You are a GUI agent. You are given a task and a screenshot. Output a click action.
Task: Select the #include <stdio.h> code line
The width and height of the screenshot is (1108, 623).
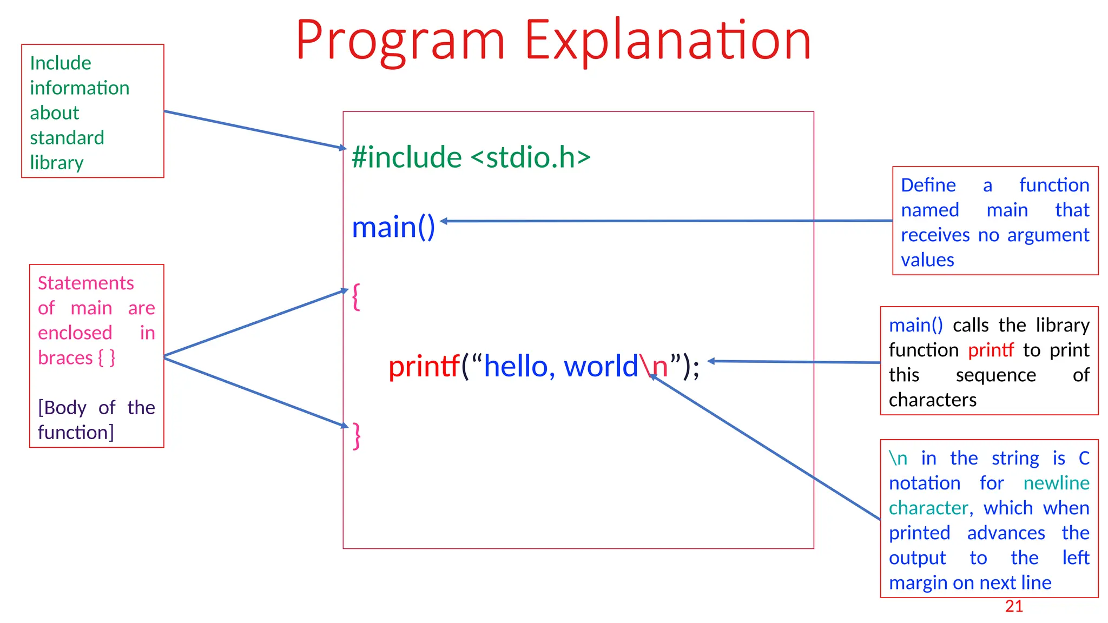(x=471, y=157)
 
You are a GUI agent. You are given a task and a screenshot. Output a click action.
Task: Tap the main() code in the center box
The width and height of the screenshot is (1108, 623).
(x=393, y=227)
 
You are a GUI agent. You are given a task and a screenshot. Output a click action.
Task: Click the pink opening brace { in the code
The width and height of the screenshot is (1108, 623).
(x=356, y=296)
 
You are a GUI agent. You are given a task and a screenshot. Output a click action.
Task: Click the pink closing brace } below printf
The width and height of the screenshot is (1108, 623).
(x=357, y=435)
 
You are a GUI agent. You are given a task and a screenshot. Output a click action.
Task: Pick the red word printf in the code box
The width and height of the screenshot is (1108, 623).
(x=424, y=366)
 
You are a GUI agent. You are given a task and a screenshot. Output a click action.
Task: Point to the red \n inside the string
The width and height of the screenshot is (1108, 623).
(x=654, y=366)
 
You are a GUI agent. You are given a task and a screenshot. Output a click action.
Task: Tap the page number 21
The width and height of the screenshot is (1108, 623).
(x=1014, y=606)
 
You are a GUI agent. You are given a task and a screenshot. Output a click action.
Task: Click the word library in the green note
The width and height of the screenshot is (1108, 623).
(x=57, y=163)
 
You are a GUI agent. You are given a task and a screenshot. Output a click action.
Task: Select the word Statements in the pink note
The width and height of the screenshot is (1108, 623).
(x=85, y=283)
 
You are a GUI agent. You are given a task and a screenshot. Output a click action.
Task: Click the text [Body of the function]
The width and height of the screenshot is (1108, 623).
(x=96, y=420)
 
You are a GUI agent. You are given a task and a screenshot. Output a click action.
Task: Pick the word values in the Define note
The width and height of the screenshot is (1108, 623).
(x=927, y=260)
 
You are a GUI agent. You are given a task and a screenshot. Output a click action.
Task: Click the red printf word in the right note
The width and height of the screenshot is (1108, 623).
(x=991, y=350)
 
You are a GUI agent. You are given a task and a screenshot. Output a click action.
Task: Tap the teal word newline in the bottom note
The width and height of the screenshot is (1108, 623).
(x=1056, y=483)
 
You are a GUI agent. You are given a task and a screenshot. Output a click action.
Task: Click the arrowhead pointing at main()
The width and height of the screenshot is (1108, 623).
(x=444, y=221)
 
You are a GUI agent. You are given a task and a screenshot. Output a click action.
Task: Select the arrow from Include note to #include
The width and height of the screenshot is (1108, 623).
(x=254, y=130)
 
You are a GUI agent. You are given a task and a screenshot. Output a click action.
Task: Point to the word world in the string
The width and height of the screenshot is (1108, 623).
(x=601, y=366)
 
